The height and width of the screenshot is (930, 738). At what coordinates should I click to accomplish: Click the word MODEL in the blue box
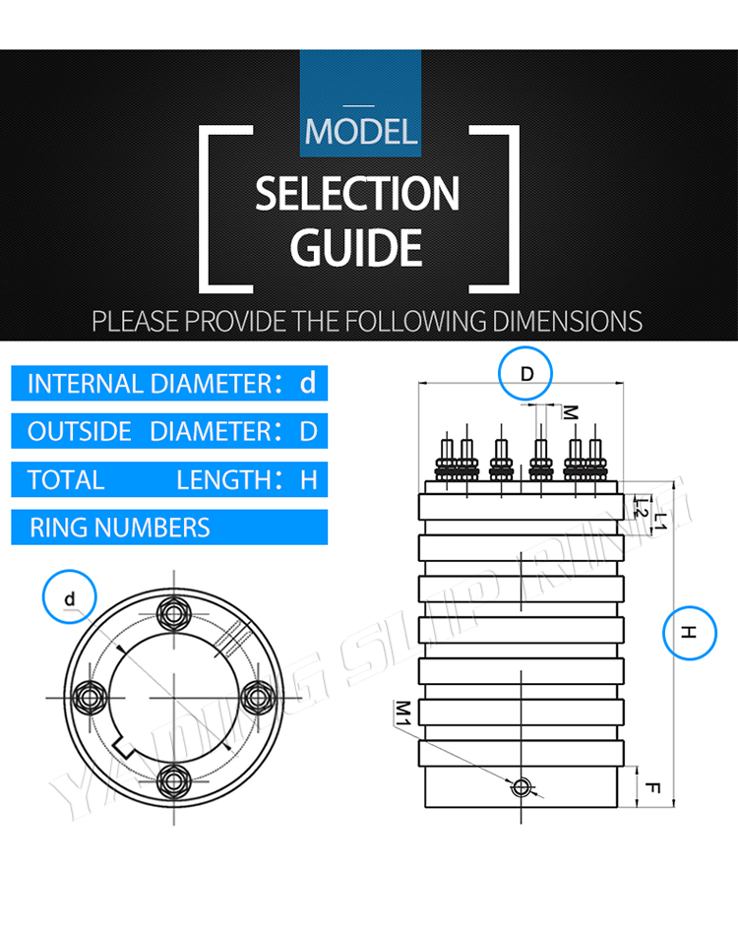pyautogui.click(x=361, y=131)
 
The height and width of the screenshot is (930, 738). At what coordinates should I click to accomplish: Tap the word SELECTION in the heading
pyautogui.click(x=357, y=195)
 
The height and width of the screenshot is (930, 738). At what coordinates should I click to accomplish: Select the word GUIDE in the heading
pyautogui.click(x=356, y=247)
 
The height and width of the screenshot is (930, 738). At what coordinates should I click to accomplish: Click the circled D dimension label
pyautogui.click(x=526, y=374)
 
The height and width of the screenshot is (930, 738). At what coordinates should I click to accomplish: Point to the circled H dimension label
pyautogui.click(x=690, y=635)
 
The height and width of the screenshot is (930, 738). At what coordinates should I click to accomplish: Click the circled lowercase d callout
pyautogui.click(x=69, y=597)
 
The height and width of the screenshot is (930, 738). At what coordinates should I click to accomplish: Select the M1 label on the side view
pyautogui.click(x=402, y=712)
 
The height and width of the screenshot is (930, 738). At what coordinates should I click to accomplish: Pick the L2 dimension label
pyautogui.click(x=640, y=508)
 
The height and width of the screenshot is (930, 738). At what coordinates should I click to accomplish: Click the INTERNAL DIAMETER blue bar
pyautogui.click(x=169, y=383)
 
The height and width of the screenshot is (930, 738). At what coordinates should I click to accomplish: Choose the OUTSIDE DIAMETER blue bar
pyautogui.click(x=169, y=431)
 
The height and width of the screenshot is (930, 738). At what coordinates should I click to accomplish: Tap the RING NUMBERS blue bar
pyautogui.click(x=169, y=527)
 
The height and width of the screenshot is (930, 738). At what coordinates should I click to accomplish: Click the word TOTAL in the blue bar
pyautogui.click(x=66, y=480)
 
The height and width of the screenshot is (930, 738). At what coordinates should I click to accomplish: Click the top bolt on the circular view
pyautogui.click(x=175, y=613)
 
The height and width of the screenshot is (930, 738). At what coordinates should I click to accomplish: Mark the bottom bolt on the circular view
pyautogui.click(x=175, y=779)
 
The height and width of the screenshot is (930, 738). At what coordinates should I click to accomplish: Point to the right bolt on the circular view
pyautogui.click(x=259, y=696)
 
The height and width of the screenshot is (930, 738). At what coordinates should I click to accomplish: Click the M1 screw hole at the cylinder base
pyautogui.click(x=522, y=785)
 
